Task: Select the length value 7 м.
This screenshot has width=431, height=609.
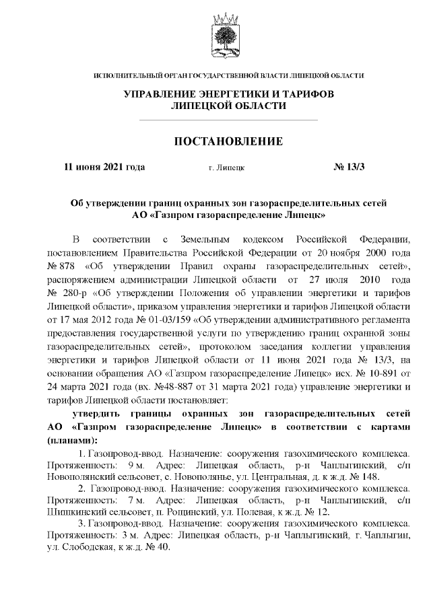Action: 132,501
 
